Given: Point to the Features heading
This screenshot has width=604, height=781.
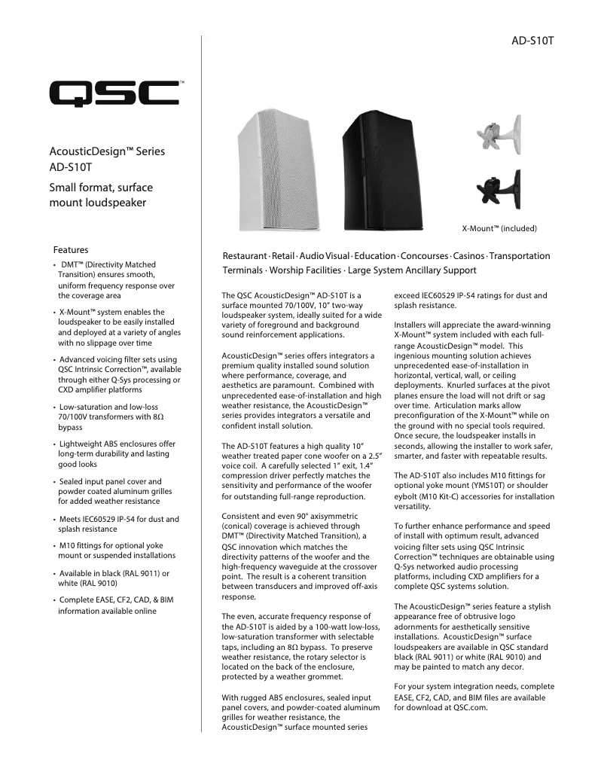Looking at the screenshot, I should [71, 249].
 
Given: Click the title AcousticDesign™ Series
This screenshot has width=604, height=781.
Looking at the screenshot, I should [106, 151].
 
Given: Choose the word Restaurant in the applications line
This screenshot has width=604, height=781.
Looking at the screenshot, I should [246, 256].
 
